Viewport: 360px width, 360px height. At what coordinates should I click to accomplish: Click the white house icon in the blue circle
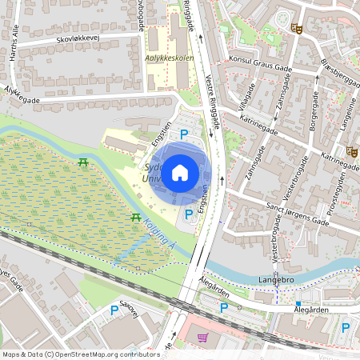pos(180,172)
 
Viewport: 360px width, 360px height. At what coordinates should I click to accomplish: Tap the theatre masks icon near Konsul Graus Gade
pos(296,28)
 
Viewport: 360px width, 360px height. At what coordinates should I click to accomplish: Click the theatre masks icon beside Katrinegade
pos(351,150)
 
